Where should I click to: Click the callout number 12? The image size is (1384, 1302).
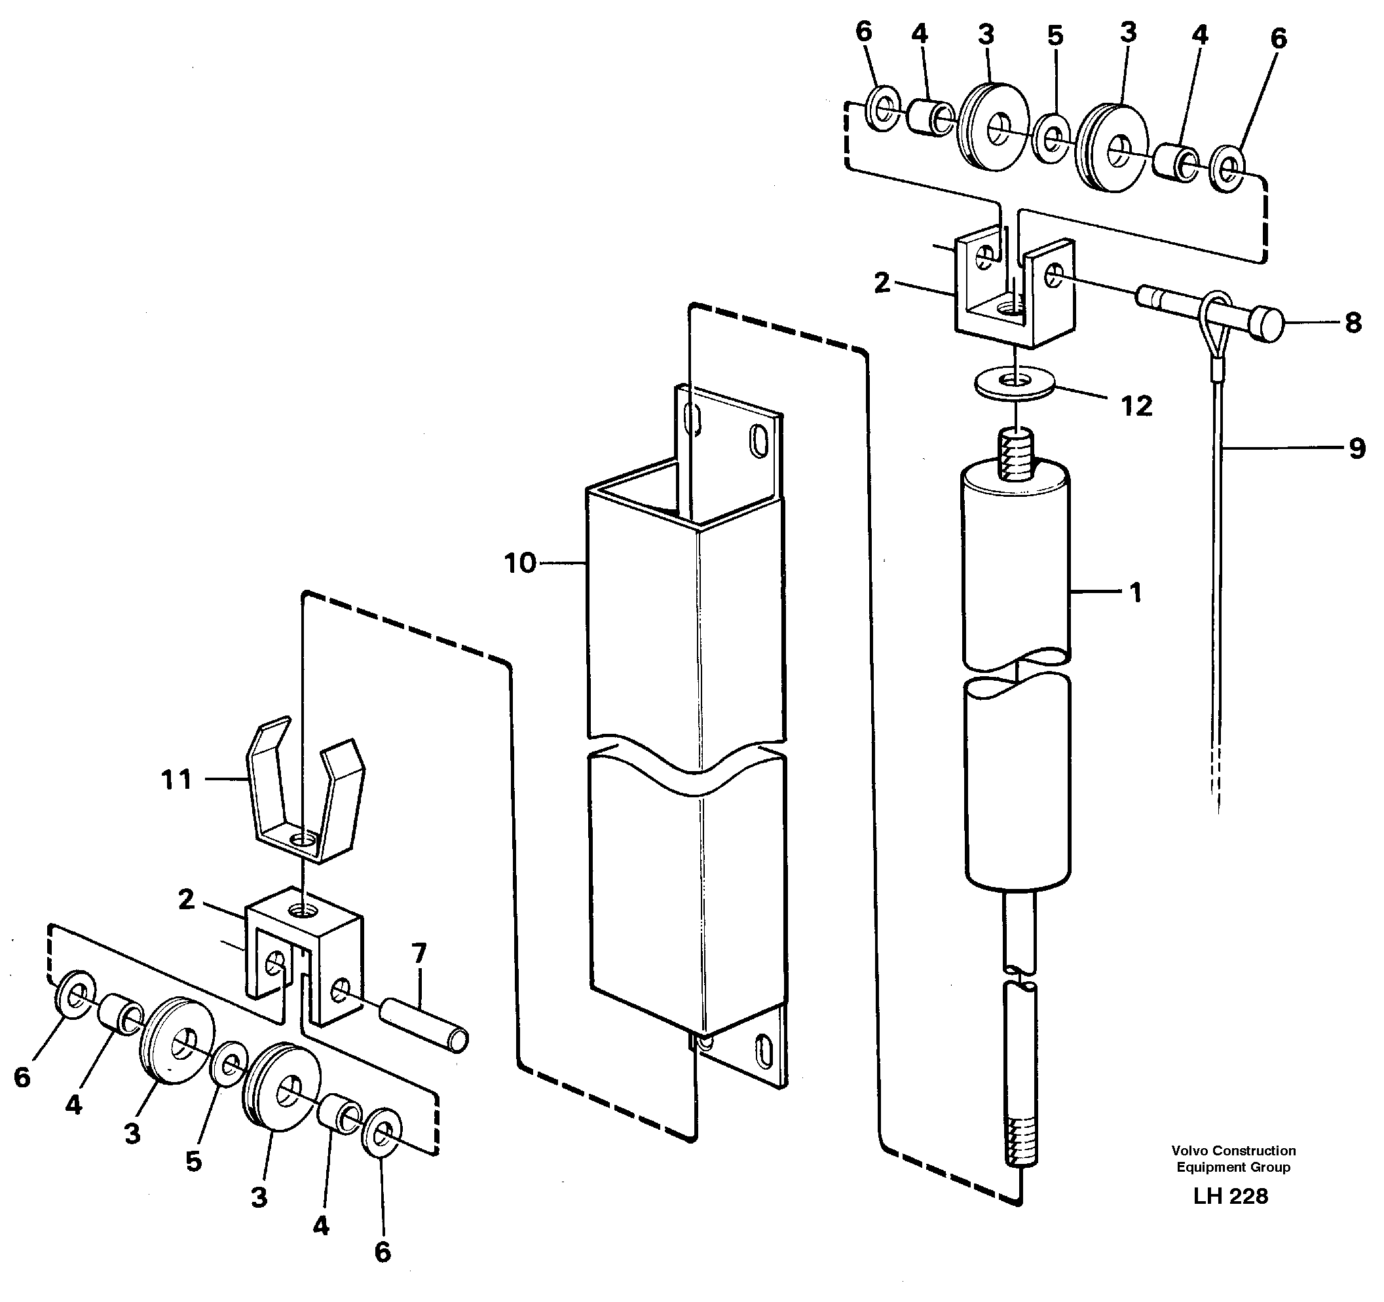tap(1136, 406)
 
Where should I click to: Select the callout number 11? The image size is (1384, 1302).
tap(176, 780)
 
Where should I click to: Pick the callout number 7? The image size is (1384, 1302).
tap(419, 952)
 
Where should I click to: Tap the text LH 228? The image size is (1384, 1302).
tap(1230, 1195)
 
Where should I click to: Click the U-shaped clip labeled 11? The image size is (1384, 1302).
tap(307, 801)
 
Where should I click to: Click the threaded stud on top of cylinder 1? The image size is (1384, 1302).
tap(1017, 454)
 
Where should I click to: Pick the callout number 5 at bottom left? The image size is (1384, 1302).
tap(193, 1161)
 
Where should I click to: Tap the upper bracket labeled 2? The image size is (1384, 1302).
tap(1013, 292)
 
